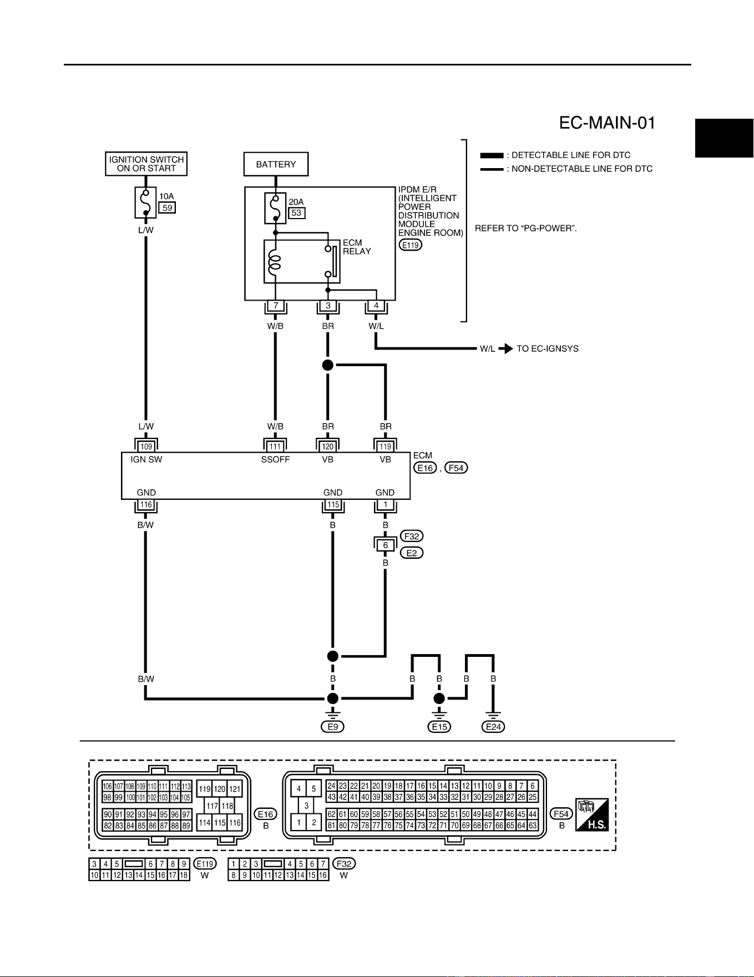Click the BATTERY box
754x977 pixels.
point(276,164)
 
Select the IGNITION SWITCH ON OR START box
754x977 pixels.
point(146,164)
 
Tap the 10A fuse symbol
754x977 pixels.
point(145,203)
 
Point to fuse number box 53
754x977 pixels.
point(297,213)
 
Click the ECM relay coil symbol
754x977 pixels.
point(274,262)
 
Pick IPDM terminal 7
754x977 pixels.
point(276,306)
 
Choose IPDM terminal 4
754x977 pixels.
point(376,306)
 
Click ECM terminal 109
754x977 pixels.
point(146,446)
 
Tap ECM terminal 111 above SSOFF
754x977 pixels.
point(275,446)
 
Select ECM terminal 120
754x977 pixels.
point(328,446)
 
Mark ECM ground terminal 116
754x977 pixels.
point(146,505)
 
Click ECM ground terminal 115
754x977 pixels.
point(333,505)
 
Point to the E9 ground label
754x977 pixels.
point(333,727)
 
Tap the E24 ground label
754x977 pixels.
point(493,727)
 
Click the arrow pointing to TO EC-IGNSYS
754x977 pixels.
point(505,349)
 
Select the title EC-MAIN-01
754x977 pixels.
point(608,123)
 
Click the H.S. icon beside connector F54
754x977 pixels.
point(592,814)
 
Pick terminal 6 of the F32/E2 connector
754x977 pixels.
point(386,545)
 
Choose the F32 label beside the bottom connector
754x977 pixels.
point(344,864)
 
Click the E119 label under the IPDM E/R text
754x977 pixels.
point(410,244)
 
